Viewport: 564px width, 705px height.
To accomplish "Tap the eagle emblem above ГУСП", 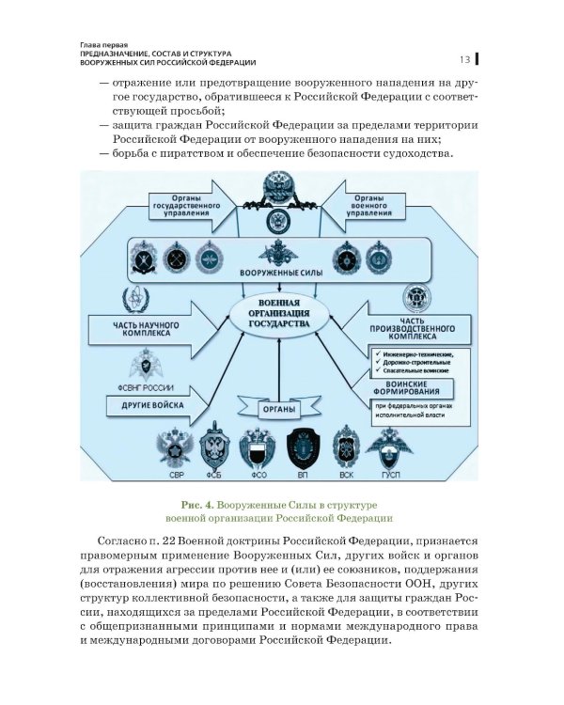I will [388, 446].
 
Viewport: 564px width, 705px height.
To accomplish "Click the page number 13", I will [464, 59].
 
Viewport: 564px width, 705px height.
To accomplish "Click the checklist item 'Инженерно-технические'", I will [414, 354].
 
